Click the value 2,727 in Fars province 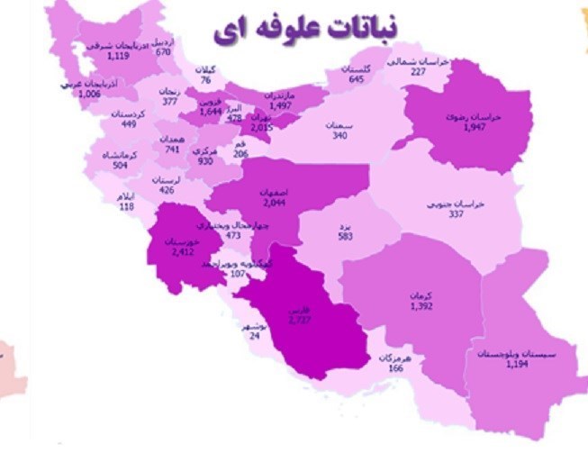click(300, 320)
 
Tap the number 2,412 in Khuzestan click(183, 251)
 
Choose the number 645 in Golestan click(357, 79)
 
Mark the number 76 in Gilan click(206, 80)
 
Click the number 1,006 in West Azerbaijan click(90, 94)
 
